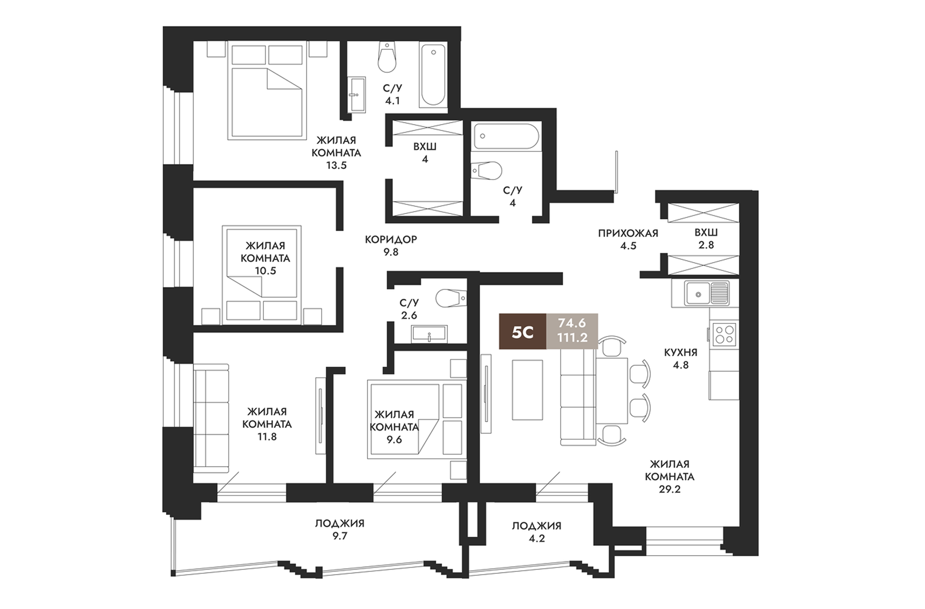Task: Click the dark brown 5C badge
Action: coord(523,331)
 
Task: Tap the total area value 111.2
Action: coord(572,338)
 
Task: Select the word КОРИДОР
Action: coord(391,239)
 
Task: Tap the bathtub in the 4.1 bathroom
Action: coord(433,75)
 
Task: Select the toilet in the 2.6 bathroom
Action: coord(451,298)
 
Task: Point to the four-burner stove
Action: coord(725,334)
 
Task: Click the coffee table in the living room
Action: coord(527,389)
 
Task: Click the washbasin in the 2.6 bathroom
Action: coord(430,334)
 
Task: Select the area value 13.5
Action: coord(336,165)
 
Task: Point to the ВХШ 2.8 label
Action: coord(706,239)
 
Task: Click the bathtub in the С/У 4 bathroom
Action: coord(506,136)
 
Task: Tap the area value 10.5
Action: coord(266,271)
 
